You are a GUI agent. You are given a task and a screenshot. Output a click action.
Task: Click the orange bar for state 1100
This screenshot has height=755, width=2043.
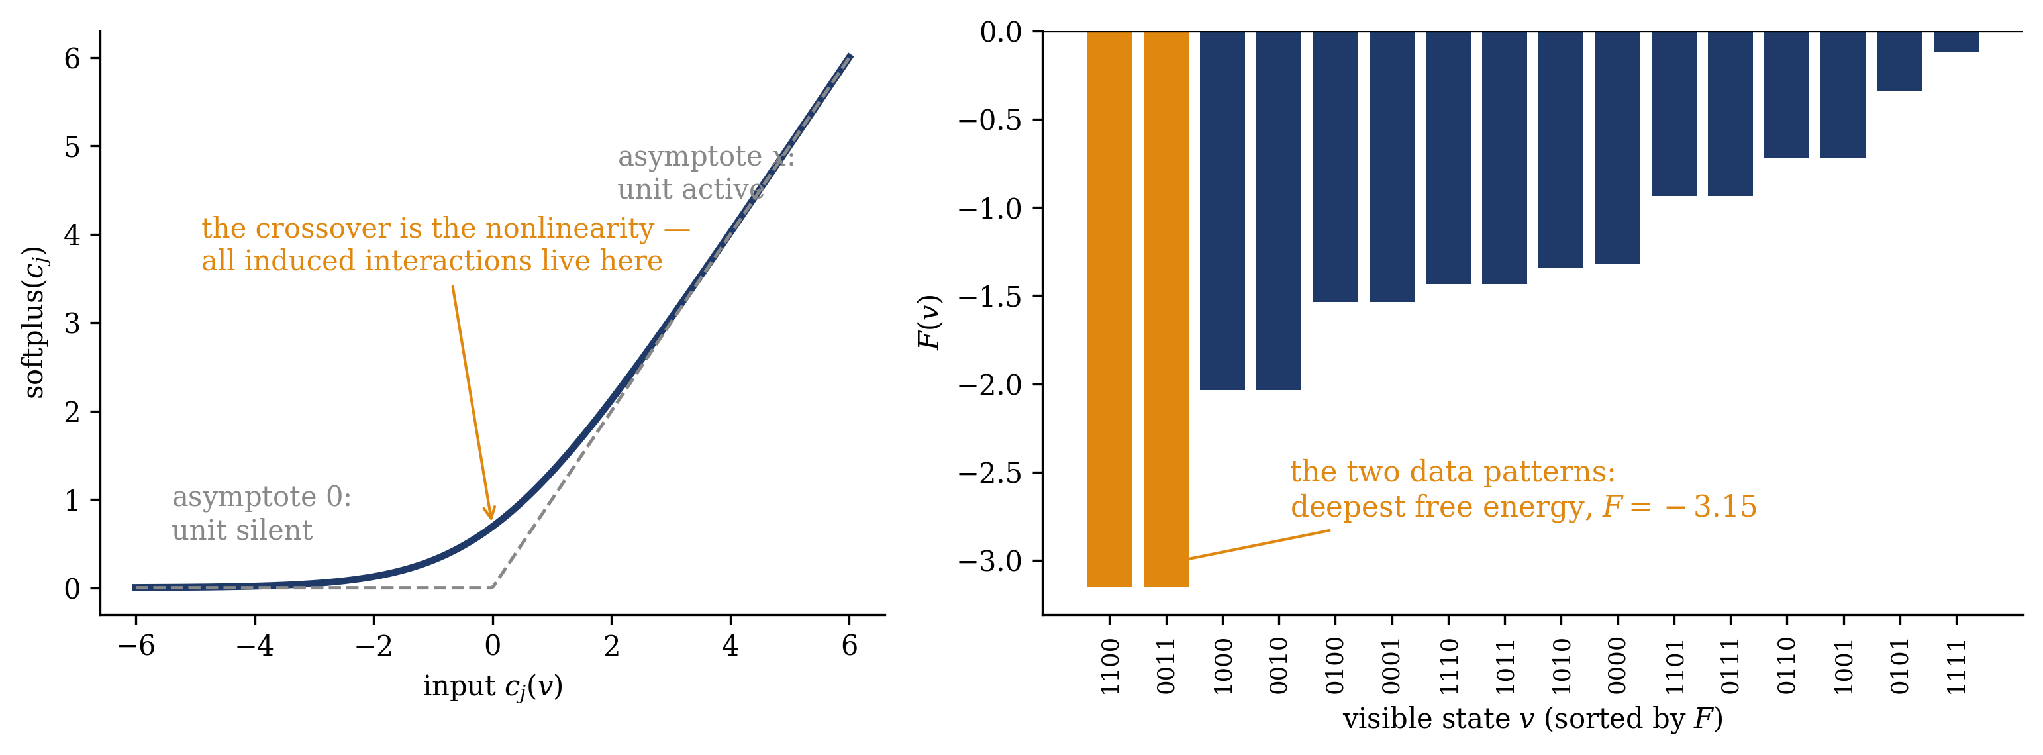[1109, 309]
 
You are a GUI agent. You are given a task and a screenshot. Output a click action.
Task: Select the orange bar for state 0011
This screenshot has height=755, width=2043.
[1166, 309]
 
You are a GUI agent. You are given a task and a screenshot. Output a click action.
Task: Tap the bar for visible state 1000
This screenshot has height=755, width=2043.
[1222, 211]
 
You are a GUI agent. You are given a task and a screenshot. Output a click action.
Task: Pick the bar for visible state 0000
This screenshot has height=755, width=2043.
[1617, 148]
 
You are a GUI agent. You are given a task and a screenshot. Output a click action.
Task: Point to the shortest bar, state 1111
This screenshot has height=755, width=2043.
[1956, 41]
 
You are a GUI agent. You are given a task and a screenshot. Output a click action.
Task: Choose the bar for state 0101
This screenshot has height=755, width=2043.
[1899, 61]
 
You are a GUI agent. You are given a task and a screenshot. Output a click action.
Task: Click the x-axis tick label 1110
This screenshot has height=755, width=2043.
[1448, 666]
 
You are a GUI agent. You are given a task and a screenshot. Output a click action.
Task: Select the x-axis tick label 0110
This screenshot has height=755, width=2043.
[1787, 666]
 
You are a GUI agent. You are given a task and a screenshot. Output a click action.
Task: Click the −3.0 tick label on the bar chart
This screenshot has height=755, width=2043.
[990, 562]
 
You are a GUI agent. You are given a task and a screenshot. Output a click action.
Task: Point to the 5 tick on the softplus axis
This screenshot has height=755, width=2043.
[72, 147]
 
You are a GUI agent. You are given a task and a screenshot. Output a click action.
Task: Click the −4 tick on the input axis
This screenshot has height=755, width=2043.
[254, 646]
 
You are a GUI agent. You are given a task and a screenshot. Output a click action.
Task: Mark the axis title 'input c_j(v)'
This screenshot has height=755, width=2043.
[493, 687]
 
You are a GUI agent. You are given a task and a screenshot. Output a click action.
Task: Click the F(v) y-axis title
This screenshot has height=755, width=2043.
[930, 322]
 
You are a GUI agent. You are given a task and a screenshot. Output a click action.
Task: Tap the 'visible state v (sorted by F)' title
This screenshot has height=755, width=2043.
[1532, 719]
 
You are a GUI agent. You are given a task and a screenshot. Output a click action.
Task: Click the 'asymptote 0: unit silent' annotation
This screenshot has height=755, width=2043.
[262, 513]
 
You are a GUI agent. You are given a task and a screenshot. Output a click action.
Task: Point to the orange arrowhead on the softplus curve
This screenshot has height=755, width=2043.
[490, 513]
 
